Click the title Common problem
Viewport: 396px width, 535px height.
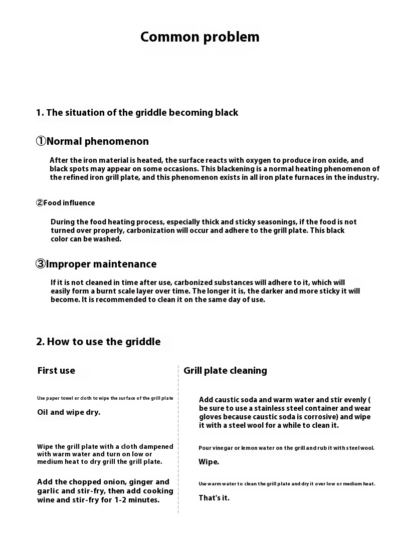tap(200, 37)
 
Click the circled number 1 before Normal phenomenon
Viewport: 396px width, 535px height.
tap(41, 141)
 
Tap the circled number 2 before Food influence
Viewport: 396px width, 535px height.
tap(40, 203)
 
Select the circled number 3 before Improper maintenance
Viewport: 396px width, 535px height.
tap(41, 264)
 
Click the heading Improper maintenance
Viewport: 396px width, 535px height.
tap(101, 264)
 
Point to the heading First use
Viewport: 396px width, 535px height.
tap(56, 371)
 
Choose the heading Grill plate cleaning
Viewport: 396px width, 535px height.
tap(225, 371)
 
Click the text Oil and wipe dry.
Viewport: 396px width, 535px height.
tap(69, 412)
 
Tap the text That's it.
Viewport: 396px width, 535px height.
tap(214, 498)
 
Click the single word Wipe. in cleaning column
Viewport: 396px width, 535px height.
tap(209, 462)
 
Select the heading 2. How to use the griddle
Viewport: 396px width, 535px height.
tap(98, 342)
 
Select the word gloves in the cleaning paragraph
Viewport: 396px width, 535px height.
tap(211, 417)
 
